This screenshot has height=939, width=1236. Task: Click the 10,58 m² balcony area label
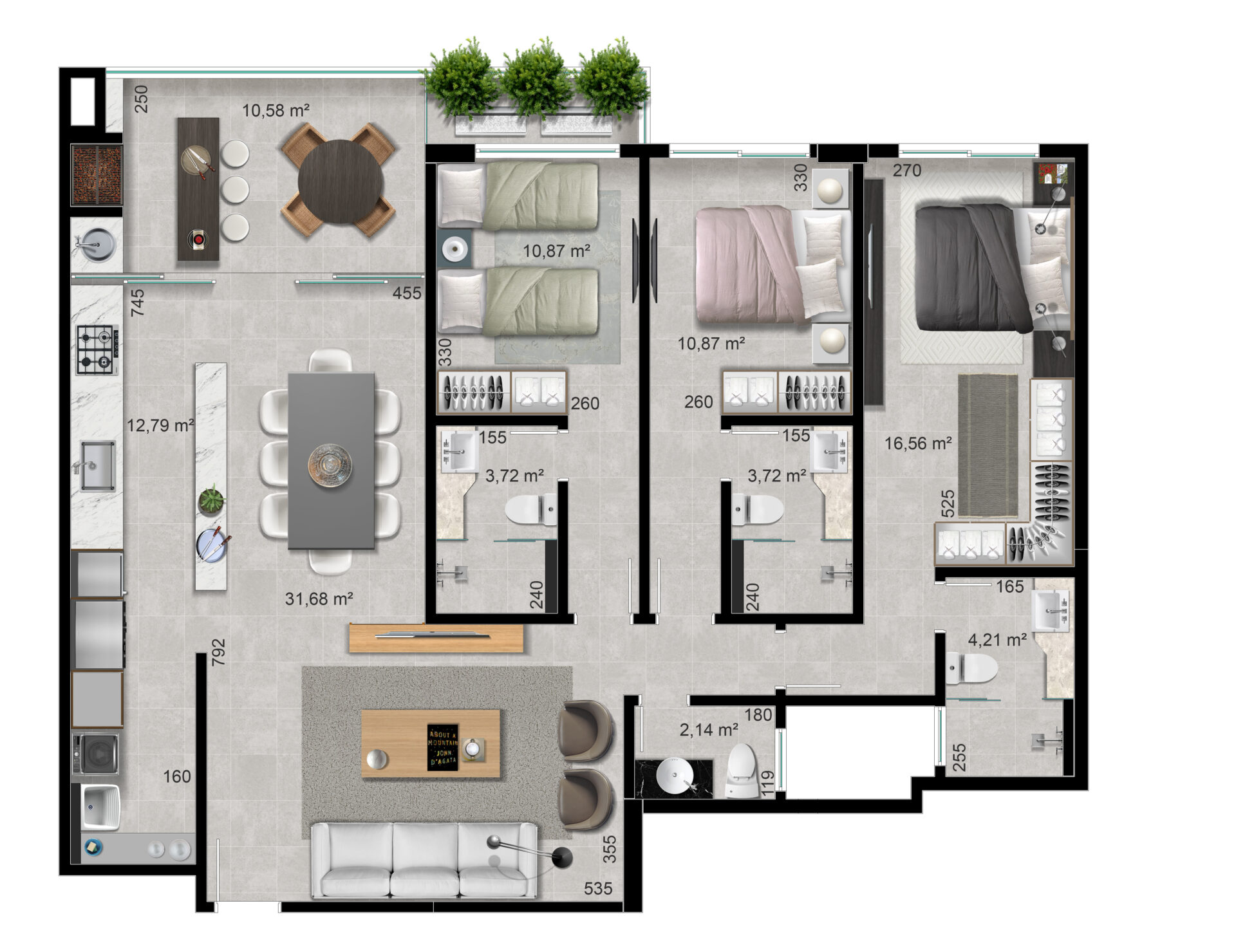(276, 111)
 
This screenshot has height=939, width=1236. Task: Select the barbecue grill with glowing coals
(97, 174)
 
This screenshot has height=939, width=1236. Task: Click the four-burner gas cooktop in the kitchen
(97, 350)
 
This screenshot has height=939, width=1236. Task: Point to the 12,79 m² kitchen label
(160, 425)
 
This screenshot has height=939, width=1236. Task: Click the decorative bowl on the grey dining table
(330, 465)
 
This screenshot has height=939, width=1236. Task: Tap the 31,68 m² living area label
(319, 599)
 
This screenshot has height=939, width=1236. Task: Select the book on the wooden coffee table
(443, 747)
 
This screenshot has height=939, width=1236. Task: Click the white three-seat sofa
(424, 860)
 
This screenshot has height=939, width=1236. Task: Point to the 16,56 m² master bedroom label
(918, 443)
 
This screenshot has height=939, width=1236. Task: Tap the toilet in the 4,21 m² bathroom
(971, 667)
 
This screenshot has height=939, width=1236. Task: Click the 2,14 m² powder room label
(709, 730)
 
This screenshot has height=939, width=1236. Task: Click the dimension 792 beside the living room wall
(219, 652)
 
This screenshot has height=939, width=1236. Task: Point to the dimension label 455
(407, 293)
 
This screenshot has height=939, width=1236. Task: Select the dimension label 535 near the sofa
(598, 889)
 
